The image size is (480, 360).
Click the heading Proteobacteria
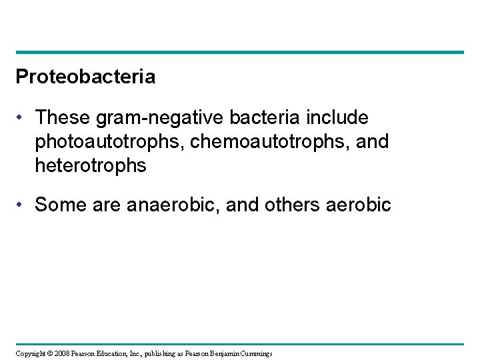(85, 77)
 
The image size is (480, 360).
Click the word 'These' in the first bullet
(63, 117)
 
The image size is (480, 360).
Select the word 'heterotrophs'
(91, 165)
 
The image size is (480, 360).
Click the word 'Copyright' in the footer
(28, 353)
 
